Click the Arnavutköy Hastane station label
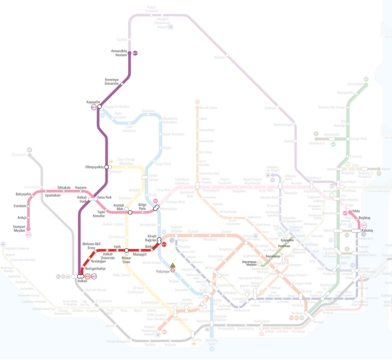click(119, 53)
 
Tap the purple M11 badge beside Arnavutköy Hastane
click(135, 53)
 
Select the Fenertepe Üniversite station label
click(112, 82)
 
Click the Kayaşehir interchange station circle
click(100, 106)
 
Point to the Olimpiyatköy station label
click(94, 167)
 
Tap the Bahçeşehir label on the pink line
click(23, 194)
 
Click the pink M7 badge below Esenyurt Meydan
click(28, 235)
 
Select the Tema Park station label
click(105, 197)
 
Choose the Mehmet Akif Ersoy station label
click(91, 246)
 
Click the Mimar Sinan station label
click(126, 260)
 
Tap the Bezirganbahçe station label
click(95, 269)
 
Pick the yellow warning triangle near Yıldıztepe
click(173, 265)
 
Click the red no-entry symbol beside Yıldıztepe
click(173, 270)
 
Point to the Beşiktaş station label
click(365, 218)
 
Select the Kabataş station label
click(367, 230)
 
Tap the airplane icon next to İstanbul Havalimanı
click(170, 27)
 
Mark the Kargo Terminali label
click(152, 9)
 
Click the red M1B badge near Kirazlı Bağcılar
click(164, 244)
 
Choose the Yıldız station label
click(356, 211)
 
